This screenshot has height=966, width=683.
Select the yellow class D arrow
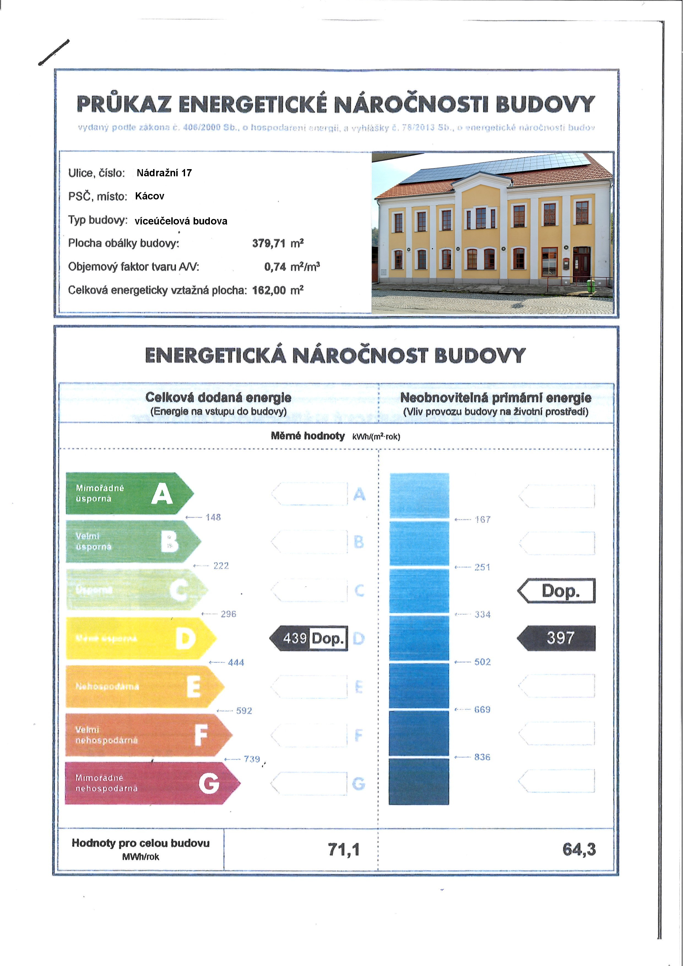(x=139, y=638)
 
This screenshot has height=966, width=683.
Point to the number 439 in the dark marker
(x=295, y=638)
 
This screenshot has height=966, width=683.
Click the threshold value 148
(x=213, y=517)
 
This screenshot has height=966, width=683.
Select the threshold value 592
(x=244, y=711)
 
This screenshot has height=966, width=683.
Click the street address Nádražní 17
(x=164, y=173)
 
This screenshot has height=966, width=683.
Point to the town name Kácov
(x=150, y=196)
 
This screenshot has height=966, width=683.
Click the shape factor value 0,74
(x=275, y=267)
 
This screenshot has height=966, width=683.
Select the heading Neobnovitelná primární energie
(x=495, y=397)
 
